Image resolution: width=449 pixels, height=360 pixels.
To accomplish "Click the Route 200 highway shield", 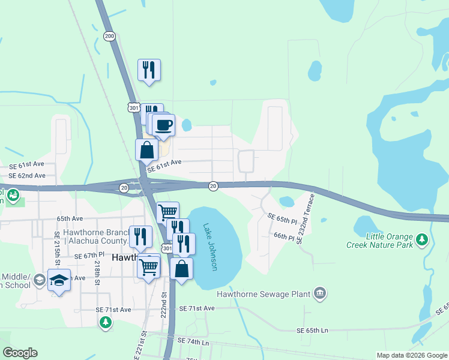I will click(x=109, y=37).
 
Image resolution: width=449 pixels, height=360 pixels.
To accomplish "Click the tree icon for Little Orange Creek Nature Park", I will click(x=423, y=240).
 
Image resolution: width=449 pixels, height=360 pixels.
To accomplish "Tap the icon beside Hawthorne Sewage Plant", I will click(x=320, y=293).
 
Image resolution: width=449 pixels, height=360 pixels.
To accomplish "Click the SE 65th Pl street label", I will click(x=282, y=218).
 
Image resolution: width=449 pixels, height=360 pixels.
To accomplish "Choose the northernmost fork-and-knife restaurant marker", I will click(x=149, y=70).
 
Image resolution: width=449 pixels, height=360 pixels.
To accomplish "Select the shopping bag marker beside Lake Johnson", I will click(x=182, y=269).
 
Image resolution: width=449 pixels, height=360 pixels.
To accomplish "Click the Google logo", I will click(x=20, y=353).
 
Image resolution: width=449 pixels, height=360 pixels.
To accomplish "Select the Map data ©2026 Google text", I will click(x=412, y=355).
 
